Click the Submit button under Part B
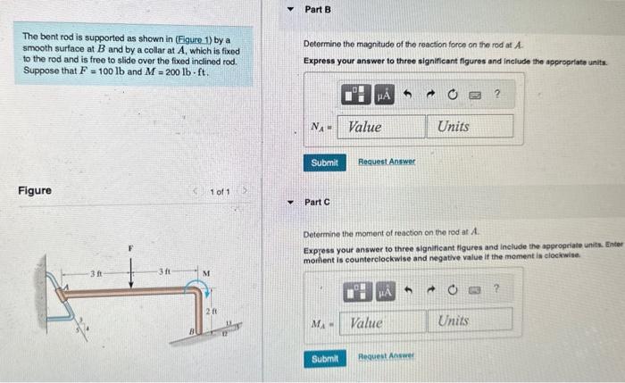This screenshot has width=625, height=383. click(324, 162)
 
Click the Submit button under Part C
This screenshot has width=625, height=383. click(324, 358)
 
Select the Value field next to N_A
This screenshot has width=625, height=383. click(379, 127)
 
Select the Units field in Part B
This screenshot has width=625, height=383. click(472, 127)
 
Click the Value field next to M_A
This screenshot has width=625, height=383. click(382, 322)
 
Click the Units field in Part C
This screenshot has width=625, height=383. click(474, 321)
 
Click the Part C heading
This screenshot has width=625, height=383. click(318, 203)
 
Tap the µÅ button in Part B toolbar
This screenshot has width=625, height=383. click(385, 94)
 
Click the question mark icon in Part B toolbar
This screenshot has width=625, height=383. click(497, 94)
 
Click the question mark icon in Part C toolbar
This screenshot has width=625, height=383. click(497, 289)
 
